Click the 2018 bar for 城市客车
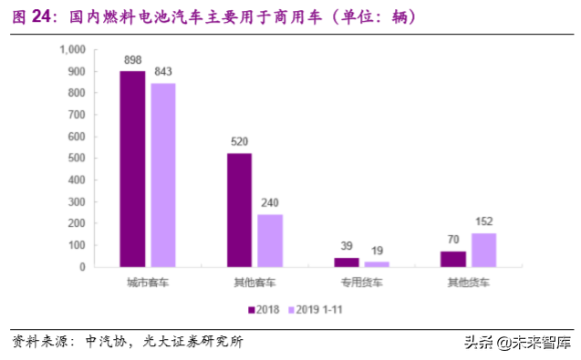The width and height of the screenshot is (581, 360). [x=133, y=169]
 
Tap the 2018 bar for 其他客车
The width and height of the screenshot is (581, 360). [x=239, y=210]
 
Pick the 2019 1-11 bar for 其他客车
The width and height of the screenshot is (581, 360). [x=269, y=241]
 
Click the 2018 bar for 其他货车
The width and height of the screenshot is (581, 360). [x=453, y=259]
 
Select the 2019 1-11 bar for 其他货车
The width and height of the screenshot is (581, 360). [x=483, y=250]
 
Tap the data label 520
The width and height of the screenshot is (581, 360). [x=239, y=142]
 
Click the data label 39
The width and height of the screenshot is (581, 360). [x=347, y=247]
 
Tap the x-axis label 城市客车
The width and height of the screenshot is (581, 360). [x=148, y=283]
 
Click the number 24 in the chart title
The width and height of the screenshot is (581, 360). [x=43, y=15]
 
